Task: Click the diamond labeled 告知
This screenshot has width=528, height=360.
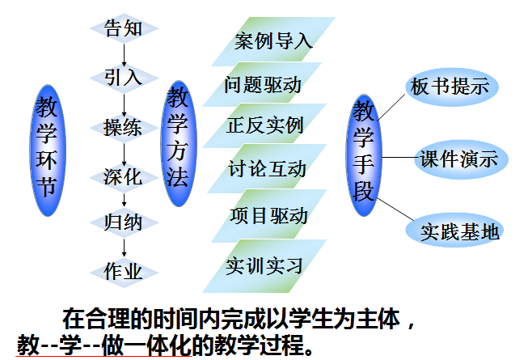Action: pos(124,28)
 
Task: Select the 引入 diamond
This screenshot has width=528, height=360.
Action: pos(124,78)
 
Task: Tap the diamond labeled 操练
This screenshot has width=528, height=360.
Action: pos(124,128)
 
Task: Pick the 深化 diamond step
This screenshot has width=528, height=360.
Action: pos(124,177)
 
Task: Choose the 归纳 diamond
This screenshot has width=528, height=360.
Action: pos(124,222)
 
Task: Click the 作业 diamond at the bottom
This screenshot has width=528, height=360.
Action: pos(124,273)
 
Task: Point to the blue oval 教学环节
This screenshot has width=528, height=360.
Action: pos(48,150)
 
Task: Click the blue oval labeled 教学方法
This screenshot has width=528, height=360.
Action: pos(179,143)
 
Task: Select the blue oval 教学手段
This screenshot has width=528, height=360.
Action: pos(364,155)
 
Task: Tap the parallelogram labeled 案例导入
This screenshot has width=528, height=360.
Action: pos(273,41)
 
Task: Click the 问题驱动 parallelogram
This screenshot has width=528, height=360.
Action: pos(262,84)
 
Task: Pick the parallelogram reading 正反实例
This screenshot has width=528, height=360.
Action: pos(264,125)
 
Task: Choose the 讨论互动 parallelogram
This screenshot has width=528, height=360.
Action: pos(267,168)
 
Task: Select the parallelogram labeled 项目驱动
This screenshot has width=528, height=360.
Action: pos(268,215)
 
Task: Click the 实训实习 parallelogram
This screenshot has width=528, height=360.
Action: pos(264,266)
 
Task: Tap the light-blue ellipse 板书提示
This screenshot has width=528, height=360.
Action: pos(451,87)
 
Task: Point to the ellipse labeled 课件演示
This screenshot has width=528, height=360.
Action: pos(461,159)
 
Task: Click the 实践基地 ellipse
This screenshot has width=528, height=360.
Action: pos(454,231)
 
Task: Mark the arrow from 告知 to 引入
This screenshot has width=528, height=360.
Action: pos(124,55)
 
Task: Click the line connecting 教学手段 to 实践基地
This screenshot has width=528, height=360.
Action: pos(395,210)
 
